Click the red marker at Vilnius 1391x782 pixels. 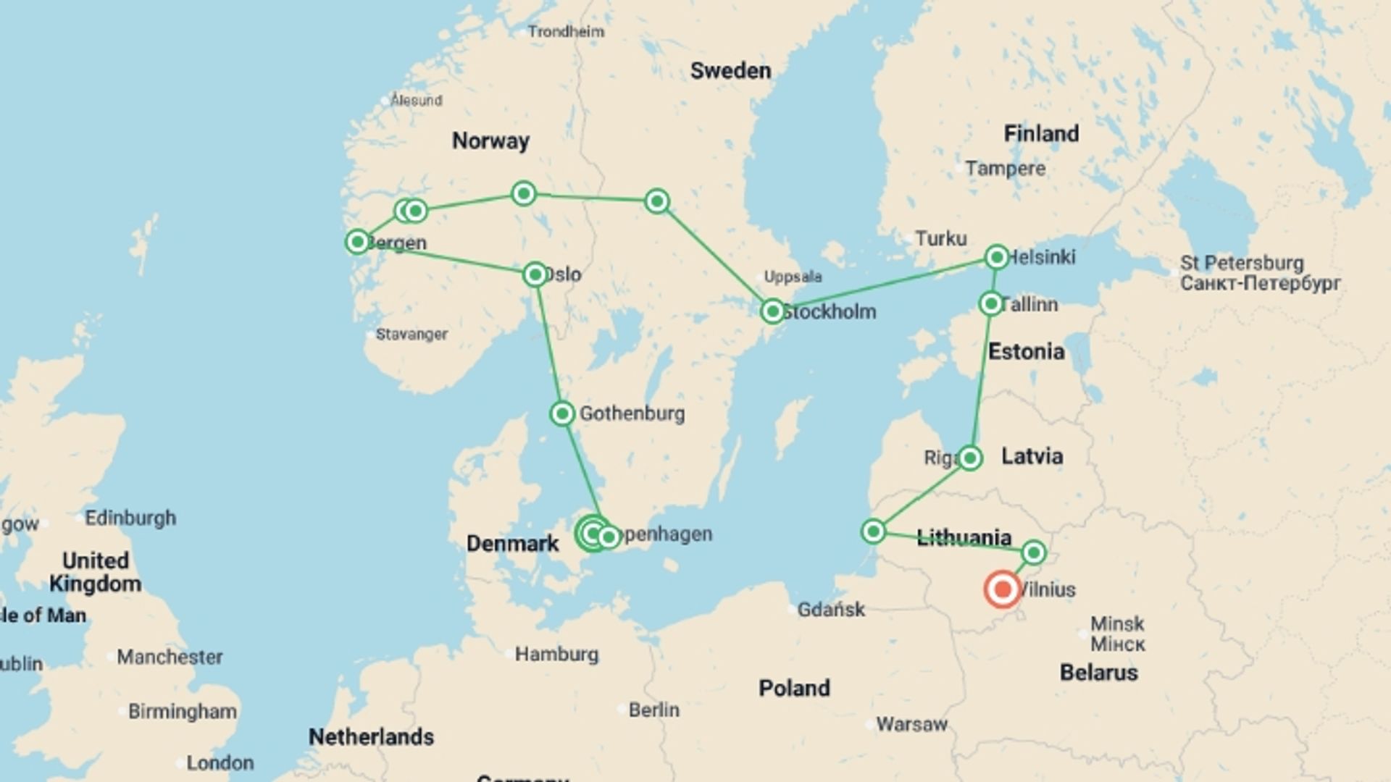pos(1003,589)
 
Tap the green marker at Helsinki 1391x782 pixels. pos(997,257)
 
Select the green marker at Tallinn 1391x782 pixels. pos(991,303)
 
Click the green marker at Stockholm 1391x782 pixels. pos(773,312)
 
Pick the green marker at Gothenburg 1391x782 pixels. pos(562,414)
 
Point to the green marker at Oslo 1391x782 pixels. pos(535,275)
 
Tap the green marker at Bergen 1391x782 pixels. pos(358,242)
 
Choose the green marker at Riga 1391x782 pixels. pos(970,458)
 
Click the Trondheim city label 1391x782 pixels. pos(566,32)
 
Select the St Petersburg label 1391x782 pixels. pos(1251,264)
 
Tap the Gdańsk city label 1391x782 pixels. pos(831,610)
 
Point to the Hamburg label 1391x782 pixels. pos(556,655)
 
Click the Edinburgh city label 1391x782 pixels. pos(130,518)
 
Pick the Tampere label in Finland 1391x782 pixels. pos(1006,169)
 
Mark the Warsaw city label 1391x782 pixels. pos(911,724)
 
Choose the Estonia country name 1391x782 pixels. pos(1026,352)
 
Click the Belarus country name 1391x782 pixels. pos(1098,673)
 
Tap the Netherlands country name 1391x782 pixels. pos(371,737)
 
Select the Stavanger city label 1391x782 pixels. pos(412,335)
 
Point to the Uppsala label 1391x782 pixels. pos(793,277)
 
